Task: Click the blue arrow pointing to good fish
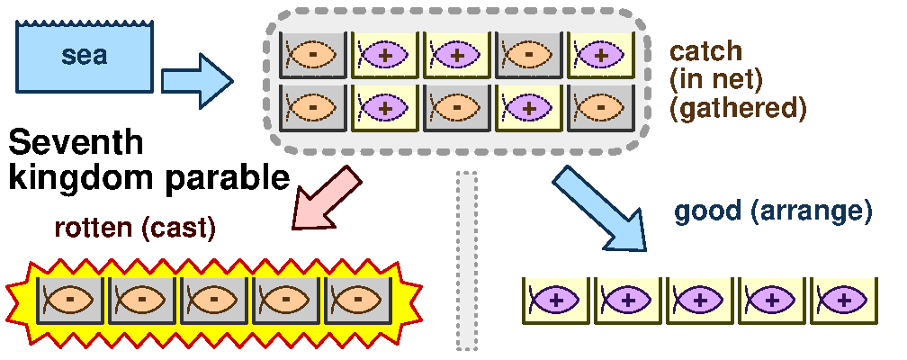[x=600, y=206]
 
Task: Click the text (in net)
[x=716, y=79]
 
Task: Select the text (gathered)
[x=738, y=108]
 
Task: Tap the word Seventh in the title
[x=76, y=144]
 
